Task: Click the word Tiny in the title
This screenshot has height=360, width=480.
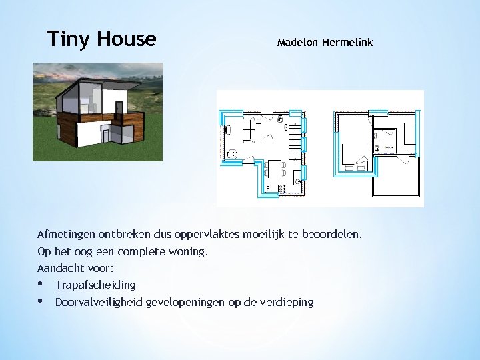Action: [x=69, y=39]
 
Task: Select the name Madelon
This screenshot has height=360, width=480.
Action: [x=297, y=43]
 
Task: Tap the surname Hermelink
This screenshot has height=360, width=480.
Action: [x=347, y=43]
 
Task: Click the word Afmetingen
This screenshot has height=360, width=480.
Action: [x=66, y=235]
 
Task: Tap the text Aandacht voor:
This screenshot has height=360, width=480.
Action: [x=75, y=268]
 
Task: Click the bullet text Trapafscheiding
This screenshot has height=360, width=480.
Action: [x=95, y=285]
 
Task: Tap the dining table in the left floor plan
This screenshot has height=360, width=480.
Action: [x=274, y=172]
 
